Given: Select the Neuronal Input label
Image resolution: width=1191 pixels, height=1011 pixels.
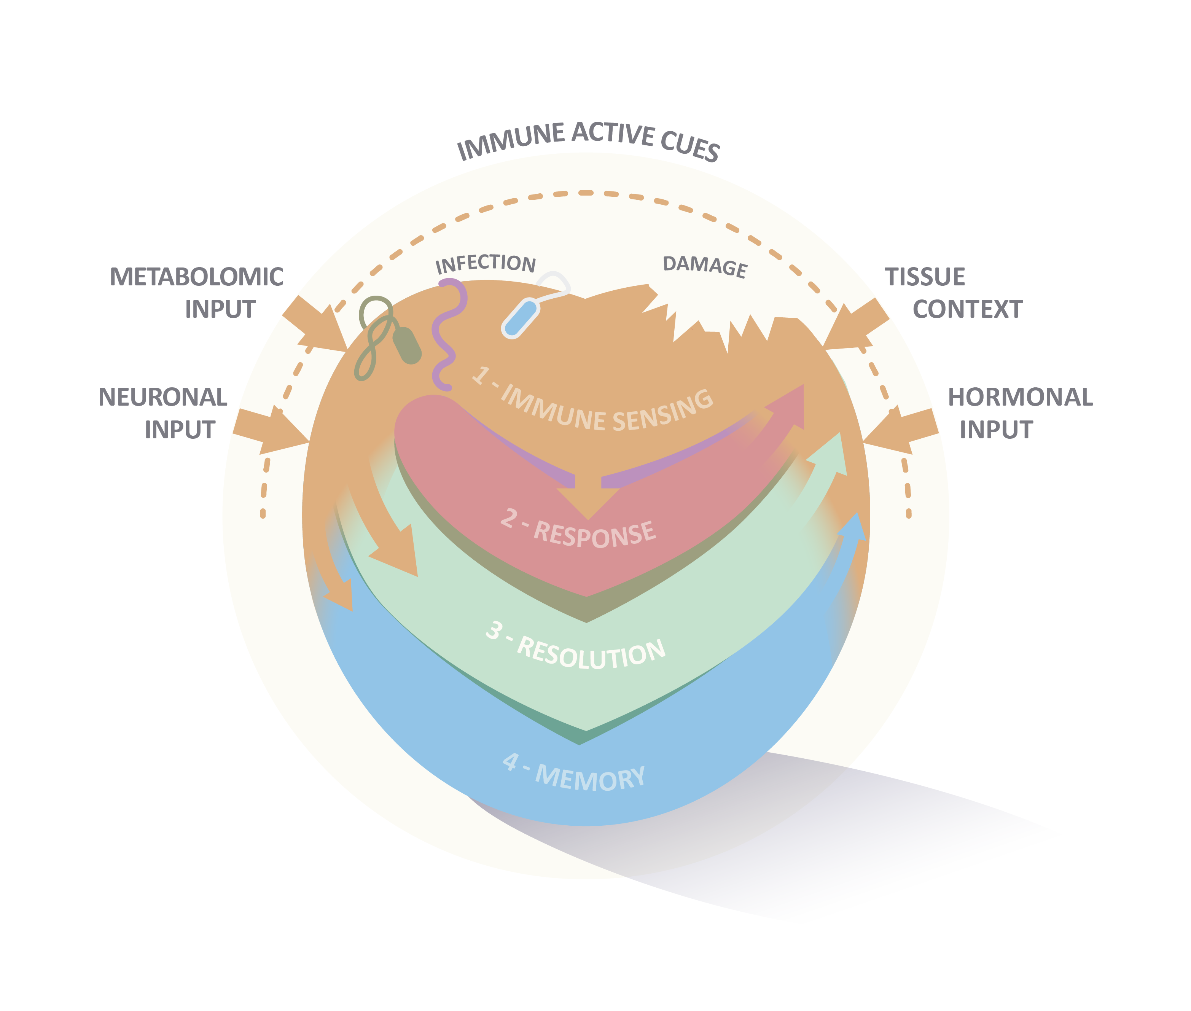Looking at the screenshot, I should point(163,412).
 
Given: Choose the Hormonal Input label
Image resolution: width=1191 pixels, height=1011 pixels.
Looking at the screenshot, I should point(1020,412).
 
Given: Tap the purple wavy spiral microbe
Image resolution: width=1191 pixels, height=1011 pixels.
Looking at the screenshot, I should point(447,333).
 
